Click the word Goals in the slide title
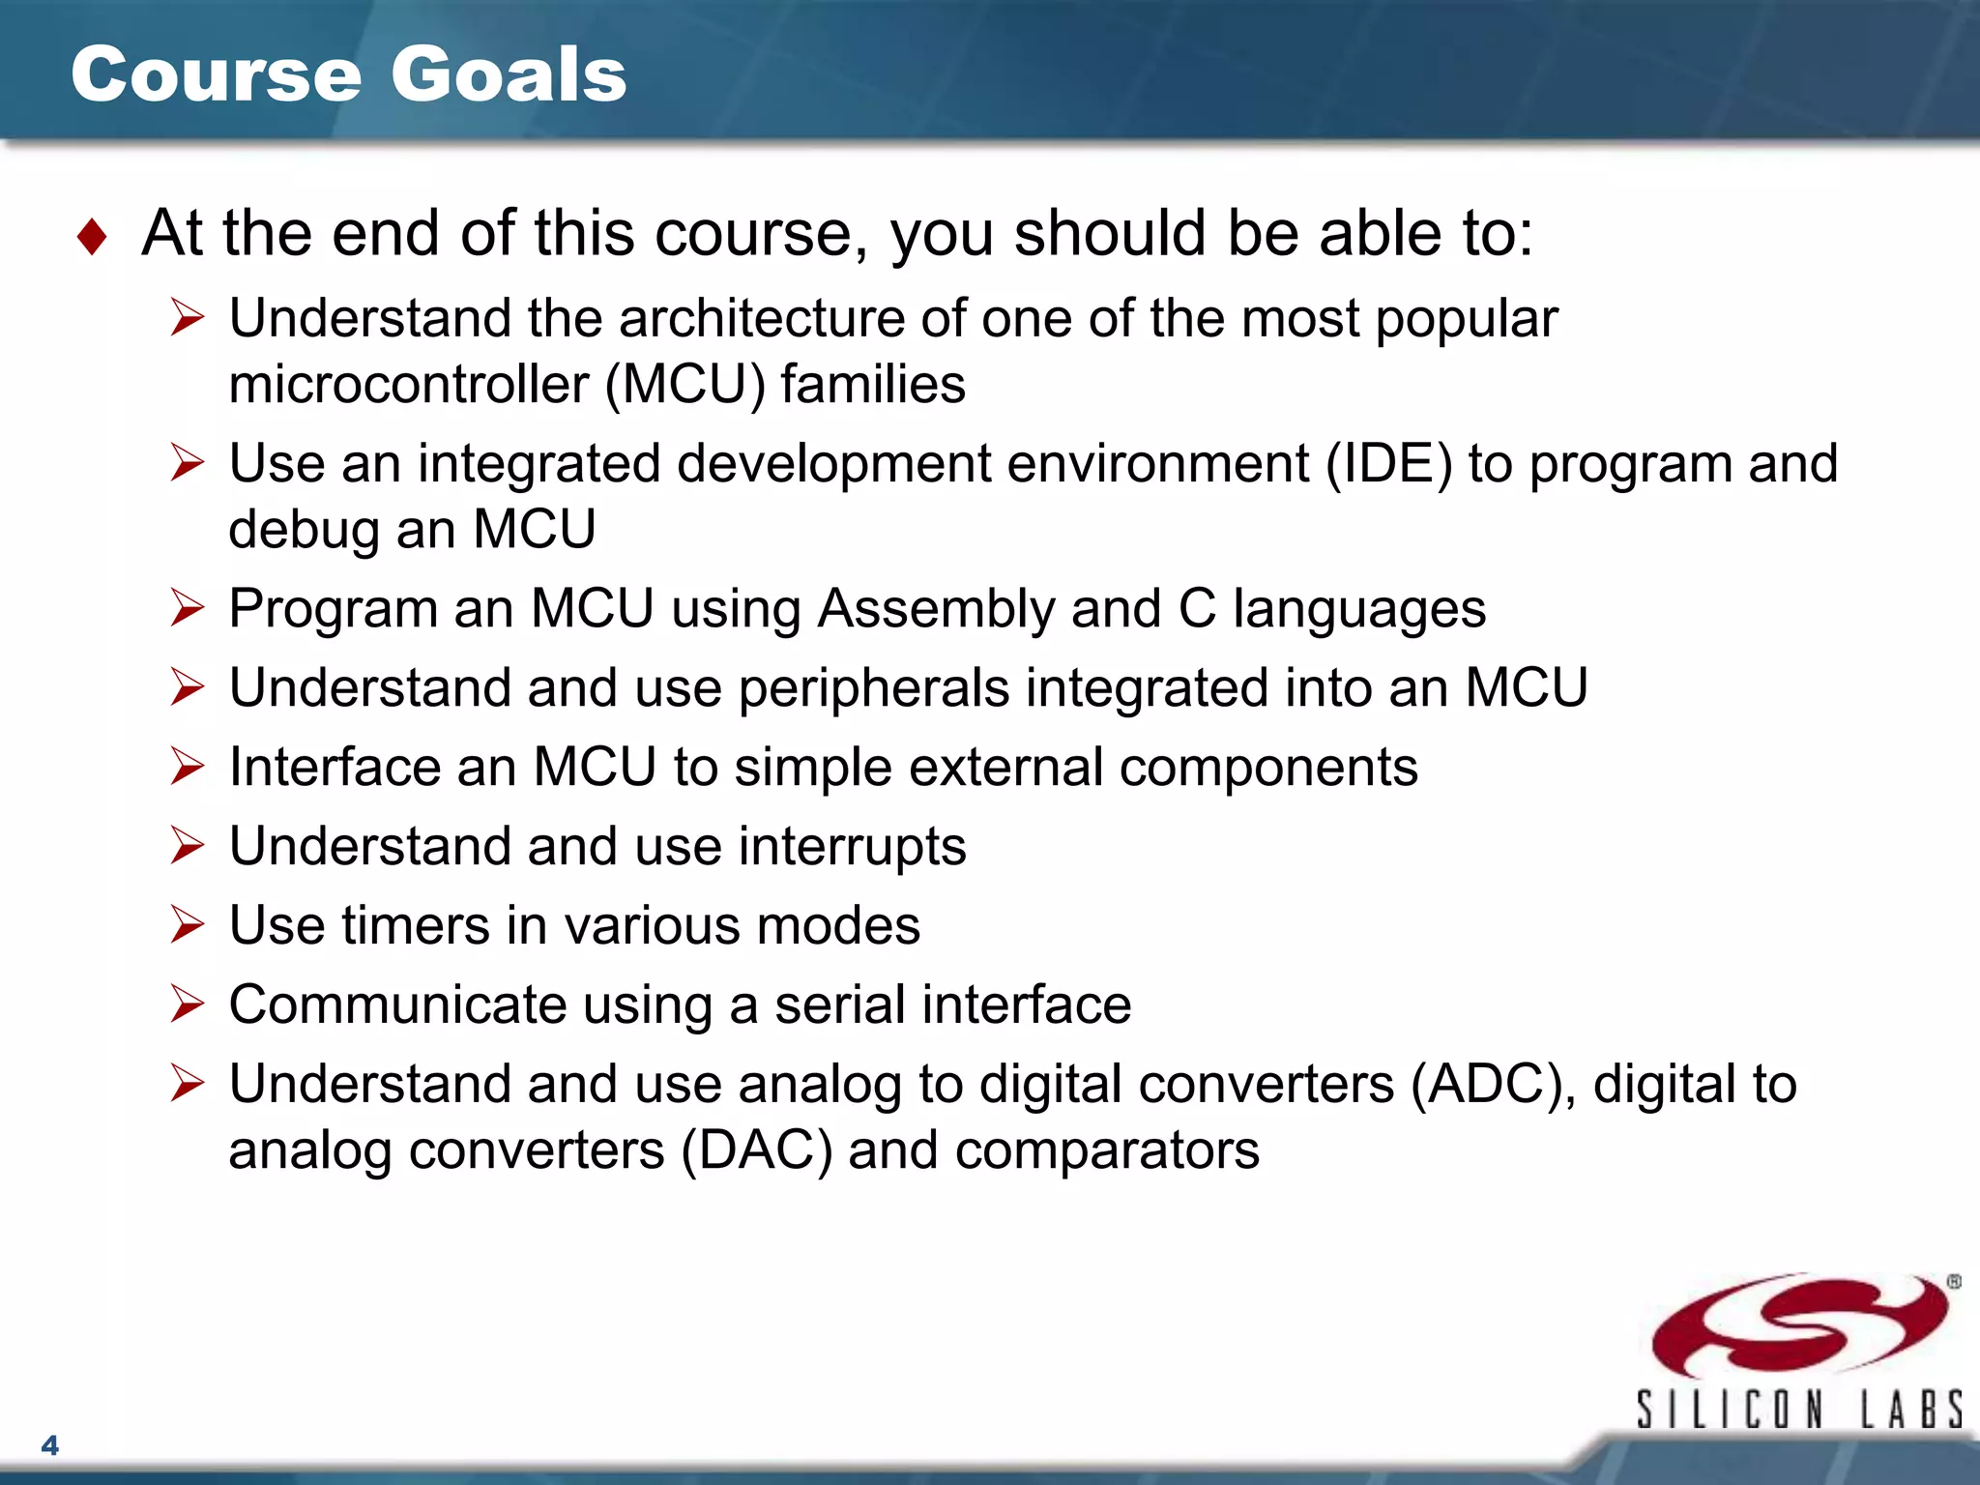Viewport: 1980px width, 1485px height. (509, 74)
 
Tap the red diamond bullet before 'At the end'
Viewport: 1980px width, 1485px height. (92, 237)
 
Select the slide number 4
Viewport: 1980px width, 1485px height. (50, 1445)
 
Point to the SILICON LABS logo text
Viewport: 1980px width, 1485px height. (1798, 1410)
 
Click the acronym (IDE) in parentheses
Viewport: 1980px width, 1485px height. (1388, 464)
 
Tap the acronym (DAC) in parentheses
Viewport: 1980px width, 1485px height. (756, 1150)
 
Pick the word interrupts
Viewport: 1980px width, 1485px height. (852, 847)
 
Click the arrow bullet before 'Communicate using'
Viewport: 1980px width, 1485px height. (187, 1004)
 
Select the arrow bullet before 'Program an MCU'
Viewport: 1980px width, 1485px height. (187, 608)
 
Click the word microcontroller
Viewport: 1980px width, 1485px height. (408, 385)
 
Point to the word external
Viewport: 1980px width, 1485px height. (1005, 768)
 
